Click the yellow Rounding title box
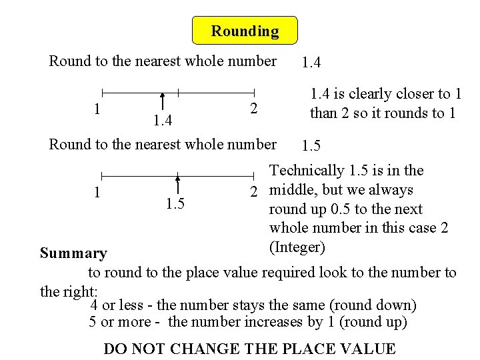tap(245, 31)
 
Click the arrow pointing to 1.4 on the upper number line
tap(162, 103)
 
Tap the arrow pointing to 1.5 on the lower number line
tap(177, 184)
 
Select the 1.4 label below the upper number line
tap(162, 121)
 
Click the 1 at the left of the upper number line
tap(97, 108)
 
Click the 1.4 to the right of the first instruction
tap(311, 63)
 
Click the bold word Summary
tap(73, 253)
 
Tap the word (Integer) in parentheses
tap(297, 248)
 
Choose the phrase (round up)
tap(373, 323)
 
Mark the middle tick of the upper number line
tap(178, 92)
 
